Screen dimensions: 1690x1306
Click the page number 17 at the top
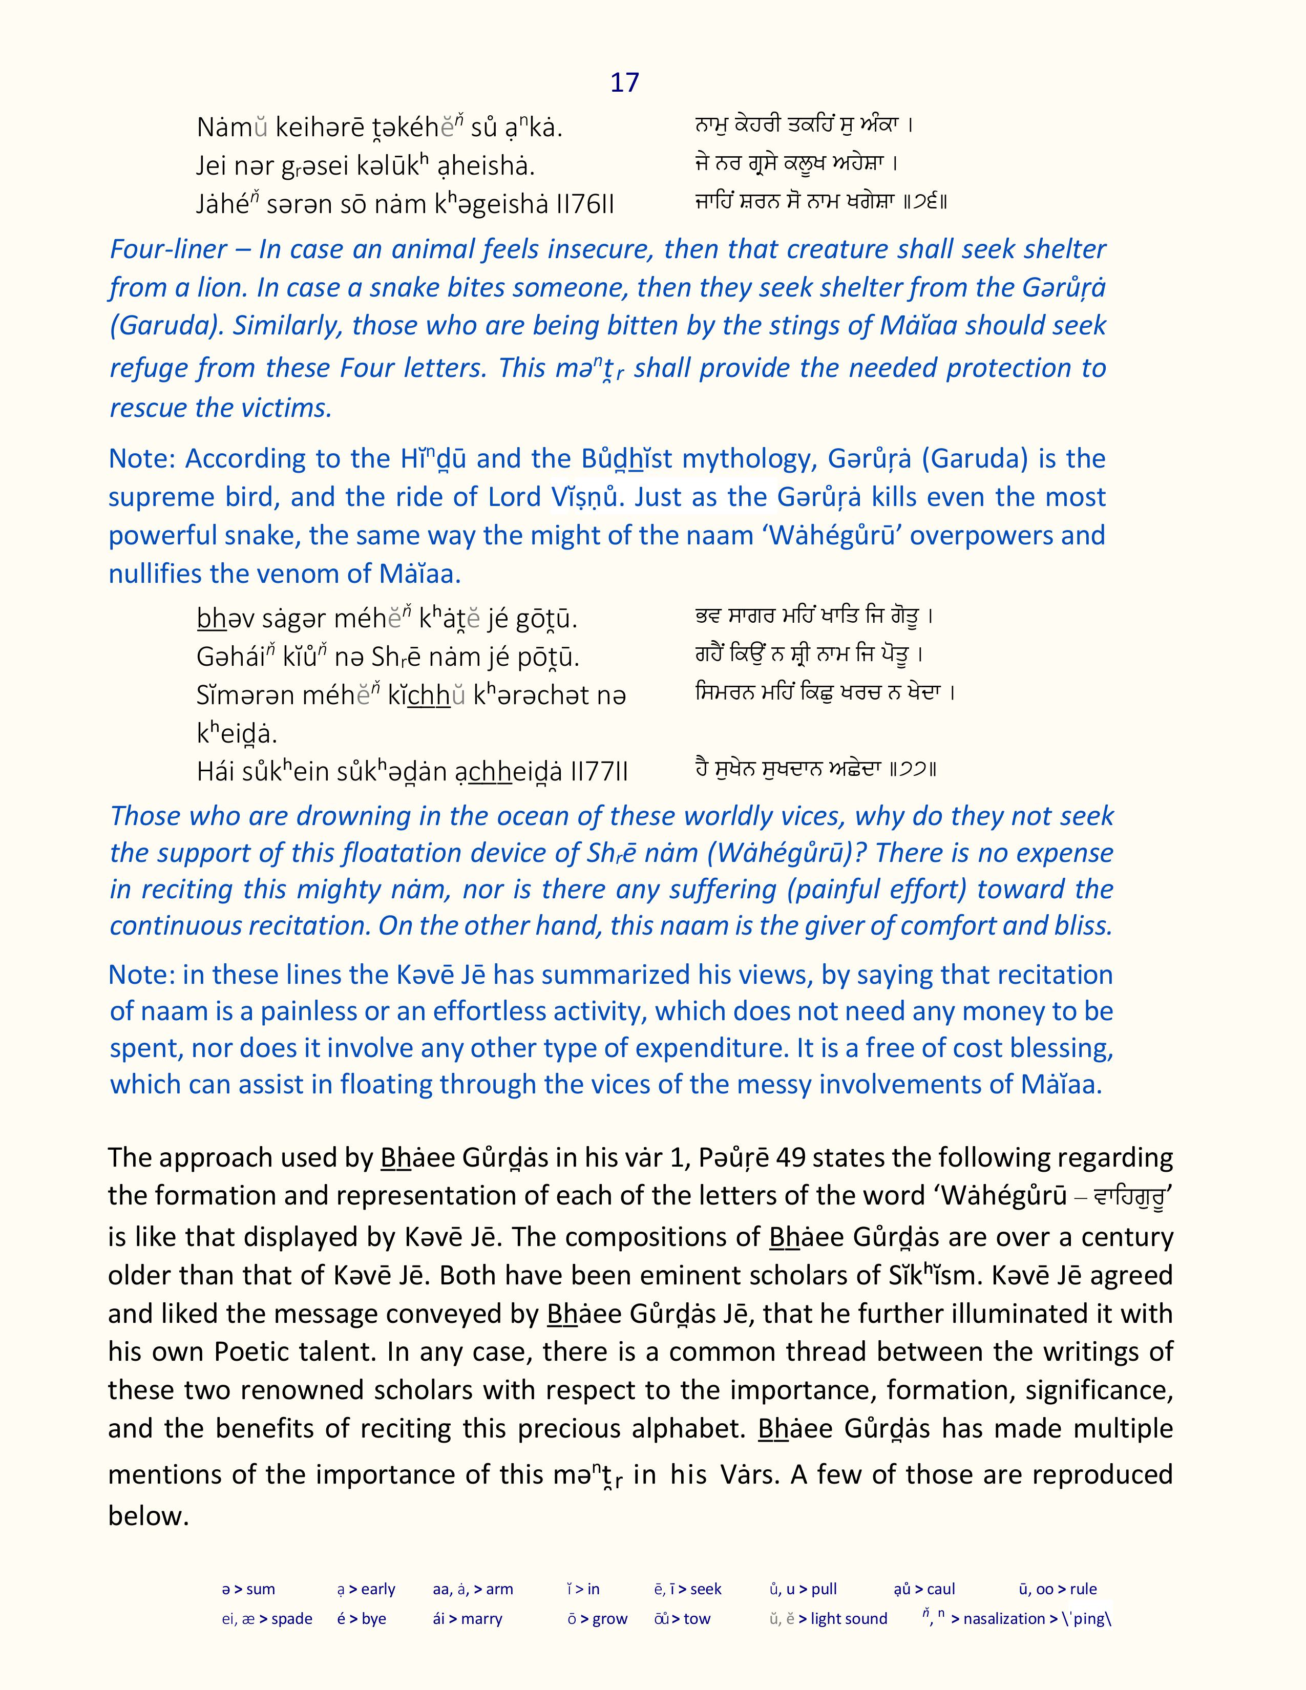coord(624,83)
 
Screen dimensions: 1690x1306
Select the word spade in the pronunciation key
coord(292,1619)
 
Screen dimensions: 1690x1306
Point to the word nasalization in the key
coord(1004,1619)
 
